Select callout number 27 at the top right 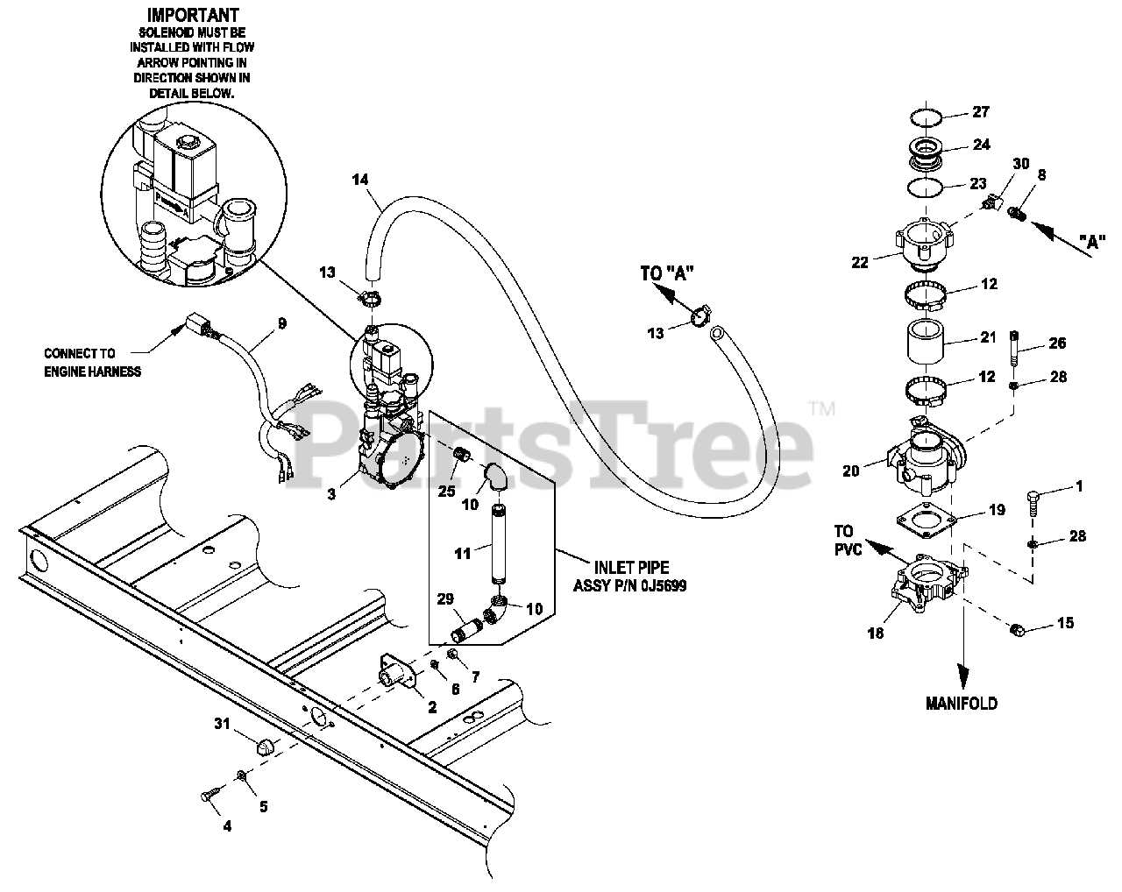click(x=980, y=112)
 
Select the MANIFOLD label click(x=962, y=703)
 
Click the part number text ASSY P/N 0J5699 click(x=629, y=586)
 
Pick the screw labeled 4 click(x=208, y=794)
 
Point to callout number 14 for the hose click(x=359, y=180)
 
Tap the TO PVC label click(x=843, y=540)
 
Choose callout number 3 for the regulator click(x=330, y=494)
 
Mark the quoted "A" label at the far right click(x=1090, y=243)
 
